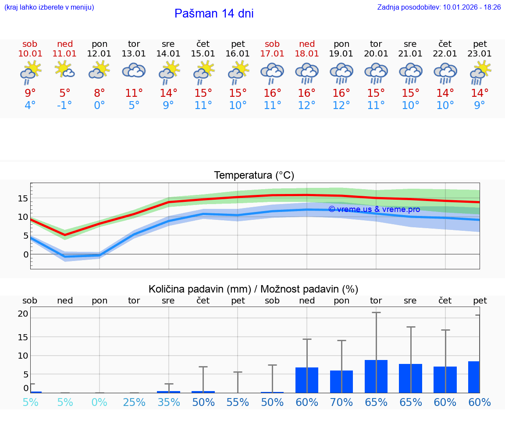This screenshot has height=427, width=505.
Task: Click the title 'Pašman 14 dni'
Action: tap(214, 14)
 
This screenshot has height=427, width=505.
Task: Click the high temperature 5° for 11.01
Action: tap(65, 93)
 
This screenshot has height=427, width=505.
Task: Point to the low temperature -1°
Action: tap(65, 106)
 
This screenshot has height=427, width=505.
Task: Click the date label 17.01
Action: tap(272, 54)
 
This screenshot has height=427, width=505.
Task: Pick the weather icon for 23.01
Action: tap(480, 73)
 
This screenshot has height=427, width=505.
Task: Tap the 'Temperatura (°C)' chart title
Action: tap(254, 176)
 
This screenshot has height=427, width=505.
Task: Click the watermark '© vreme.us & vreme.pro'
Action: tap(374, 209)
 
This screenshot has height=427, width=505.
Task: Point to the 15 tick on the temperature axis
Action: tap(23, 198)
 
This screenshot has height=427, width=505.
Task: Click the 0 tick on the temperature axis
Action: tap(26, 254)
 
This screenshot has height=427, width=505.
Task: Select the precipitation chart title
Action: tap(253, 289)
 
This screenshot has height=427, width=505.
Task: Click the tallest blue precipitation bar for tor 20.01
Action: tap(376, 376)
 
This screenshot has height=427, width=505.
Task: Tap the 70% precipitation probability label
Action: tap(341, 402)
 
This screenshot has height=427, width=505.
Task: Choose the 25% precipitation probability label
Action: tap(134, 402)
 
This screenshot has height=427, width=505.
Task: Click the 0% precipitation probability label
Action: tap(100, 402)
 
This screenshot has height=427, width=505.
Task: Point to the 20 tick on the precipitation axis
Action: tap(23, 314)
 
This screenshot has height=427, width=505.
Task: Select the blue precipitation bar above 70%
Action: tap(341, 381)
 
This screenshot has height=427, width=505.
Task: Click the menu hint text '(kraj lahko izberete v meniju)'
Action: tap(49, 7)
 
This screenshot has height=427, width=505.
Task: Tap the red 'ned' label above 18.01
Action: tap(307, 44)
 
